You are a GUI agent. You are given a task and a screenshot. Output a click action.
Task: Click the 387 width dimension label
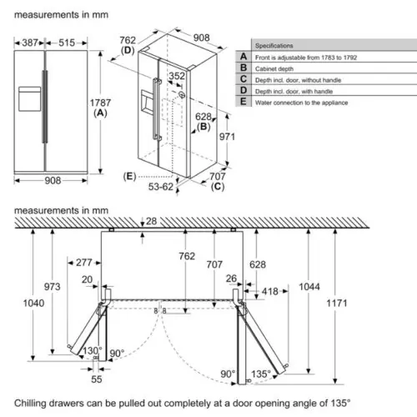(x=30, y=43)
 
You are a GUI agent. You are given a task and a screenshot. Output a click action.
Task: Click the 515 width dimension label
(x=67, y=43)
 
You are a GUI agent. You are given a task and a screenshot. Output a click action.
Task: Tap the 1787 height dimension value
(x=100, y=103)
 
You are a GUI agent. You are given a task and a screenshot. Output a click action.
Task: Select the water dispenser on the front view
(x=29, y=99)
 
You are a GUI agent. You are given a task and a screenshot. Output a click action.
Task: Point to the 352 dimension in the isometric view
(x=177, y=76)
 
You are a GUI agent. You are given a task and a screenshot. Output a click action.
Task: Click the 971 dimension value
(x=227, y=137)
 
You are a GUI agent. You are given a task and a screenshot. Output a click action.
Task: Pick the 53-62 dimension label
(x=161, y=187)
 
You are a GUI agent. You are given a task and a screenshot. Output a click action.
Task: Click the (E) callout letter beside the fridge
(x=129, y=176)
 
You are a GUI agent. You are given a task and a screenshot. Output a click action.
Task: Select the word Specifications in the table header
(x=274, y=46)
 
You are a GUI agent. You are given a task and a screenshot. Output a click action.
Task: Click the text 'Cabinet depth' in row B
(x=274, y=68)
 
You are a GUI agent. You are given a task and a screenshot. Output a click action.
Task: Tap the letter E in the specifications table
(x=244, y=102)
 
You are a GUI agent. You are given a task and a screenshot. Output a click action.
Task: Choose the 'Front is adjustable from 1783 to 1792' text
(x=306, y=58)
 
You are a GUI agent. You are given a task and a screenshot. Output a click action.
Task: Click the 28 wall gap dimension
(x=151, y=221)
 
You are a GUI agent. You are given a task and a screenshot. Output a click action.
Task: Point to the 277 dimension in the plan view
(x=84, y=263)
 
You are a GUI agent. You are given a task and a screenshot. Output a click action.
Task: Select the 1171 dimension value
(x=337, y=303)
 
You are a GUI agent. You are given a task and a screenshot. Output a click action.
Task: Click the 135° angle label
(x=261, y=374)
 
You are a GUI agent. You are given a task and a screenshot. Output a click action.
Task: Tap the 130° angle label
(x=92, y=350)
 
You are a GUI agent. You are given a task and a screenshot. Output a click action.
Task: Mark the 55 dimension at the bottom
(x=97, y=379)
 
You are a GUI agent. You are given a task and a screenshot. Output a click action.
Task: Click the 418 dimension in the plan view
(x=269, y=291)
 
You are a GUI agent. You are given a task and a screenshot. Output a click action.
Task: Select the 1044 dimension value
(x=309, y=287)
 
